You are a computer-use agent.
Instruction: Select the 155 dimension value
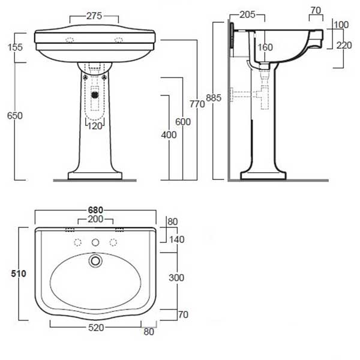tap(11, 47)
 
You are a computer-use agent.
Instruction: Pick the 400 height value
tap(169, 135)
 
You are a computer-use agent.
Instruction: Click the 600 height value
tap(183, 122)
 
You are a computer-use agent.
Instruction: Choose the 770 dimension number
tap(197, 104)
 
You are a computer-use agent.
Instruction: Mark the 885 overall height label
tap(213, 98)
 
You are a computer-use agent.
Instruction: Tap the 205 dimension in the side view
tap(247, 14)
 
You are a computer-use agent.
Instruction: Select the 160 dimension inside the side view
tap(265, 47)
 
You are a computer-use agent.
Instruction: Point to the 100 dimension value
tap(342, 25)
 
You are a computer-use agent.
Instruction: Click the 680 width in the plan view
tap(96, 210)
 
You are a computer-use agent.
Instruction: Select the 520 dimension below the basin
tap(96, 328)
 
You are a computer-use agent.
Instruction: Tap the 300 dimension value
tap(176, 277)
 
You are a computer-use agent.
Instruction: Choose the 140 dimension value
tap(176, 239)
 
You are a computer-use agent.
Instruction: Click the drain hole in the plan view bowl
tap(94, 261)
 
